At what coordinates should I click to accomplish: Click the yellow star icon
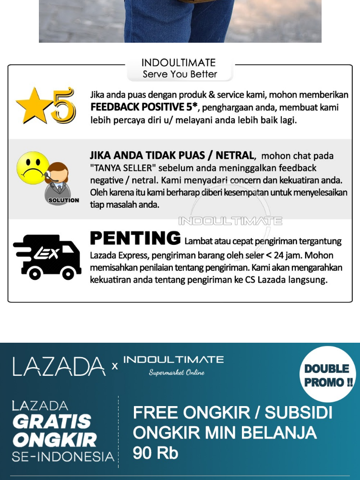[34, 105]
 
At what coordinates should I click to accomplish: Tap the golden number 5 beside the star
[63, 105]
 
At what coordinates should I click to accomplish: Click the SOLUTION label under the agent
[64, 200]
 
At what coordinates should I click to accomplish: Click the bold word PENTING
[135, 238]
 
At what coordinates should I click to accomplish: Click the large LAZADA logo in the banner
[59, 367]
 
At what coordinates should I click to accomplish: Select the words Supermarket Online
[176, 372]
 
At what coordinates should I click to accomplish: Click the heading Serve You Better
[180, 74]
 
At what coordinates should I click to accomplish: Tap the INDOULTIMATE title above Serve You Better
[179, 63]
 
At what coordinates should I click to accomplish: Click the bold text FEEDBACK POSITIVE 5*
[144, 107]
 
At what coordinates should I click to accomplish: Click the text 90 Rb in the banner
[156, 453]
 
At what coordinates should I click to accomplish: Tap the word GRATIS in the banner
[52, 422]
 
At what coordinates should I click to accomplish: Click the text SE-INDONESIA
[63, 456]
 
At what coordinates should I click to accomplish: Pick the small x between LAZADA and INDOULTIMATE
[115, 366]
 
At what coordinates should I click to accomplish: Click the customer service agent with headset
[58, 180]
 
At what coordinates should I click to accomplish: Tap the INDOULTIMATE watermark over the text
[230, 221]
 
